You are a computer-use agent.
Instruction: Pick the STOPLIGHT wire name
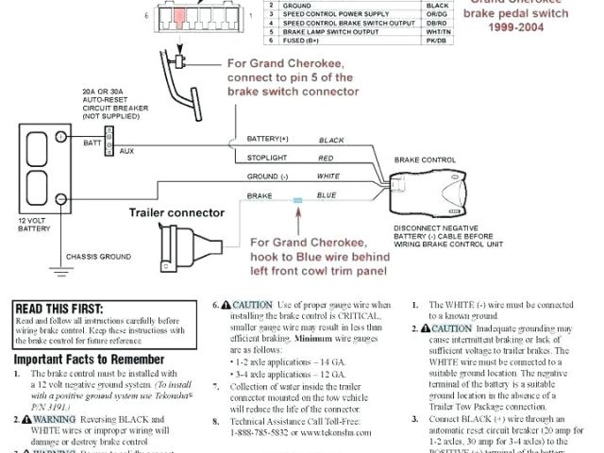point(267,157)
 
